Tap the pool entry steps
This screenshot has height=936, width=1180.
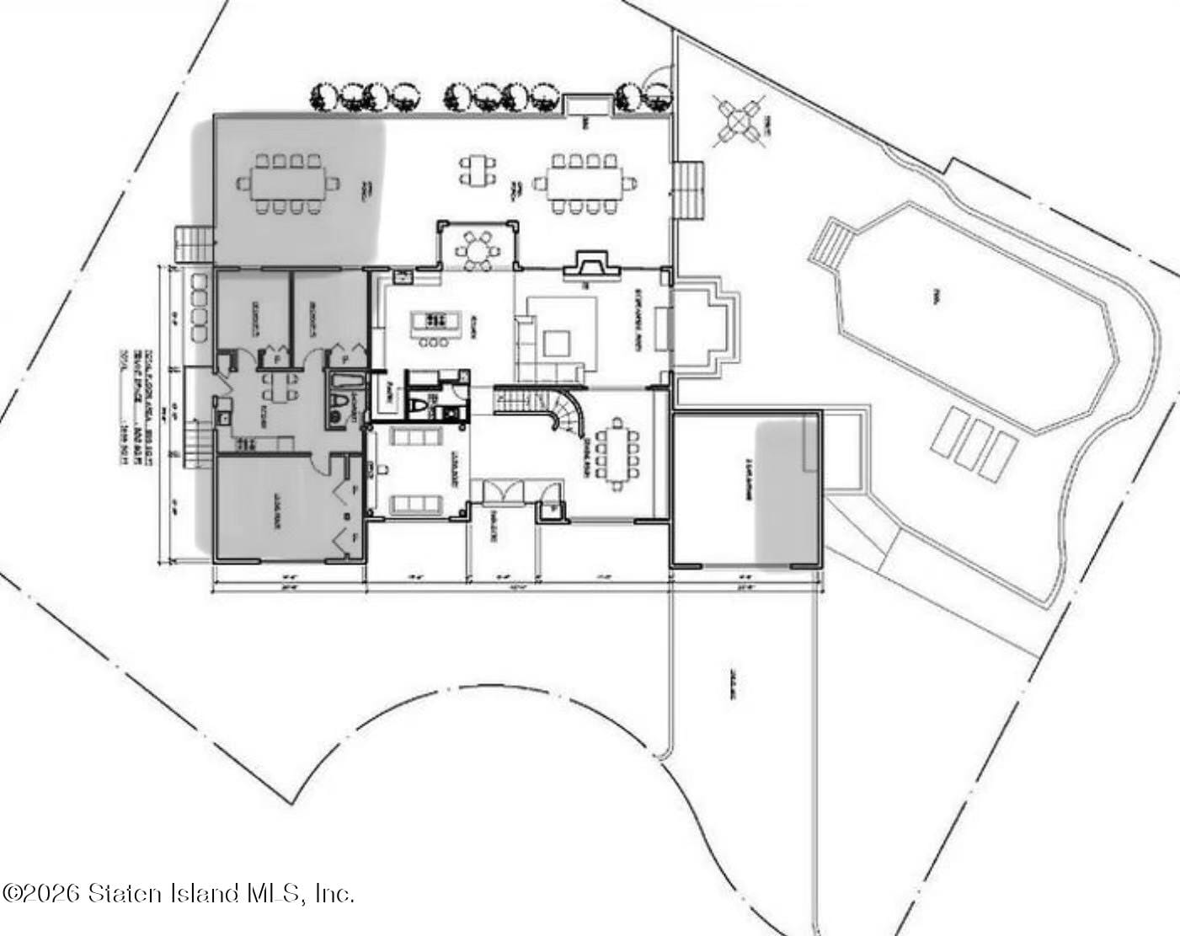[830, 244]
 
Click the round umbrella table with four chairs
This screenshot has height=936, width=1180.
[739, 123]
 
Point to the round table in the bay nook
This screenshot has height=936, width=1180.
[477, 249]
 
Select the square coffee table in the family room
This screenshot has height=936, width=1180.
[557, 342]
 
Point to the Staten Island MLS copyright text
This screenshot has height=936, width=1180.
[178, 893]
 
